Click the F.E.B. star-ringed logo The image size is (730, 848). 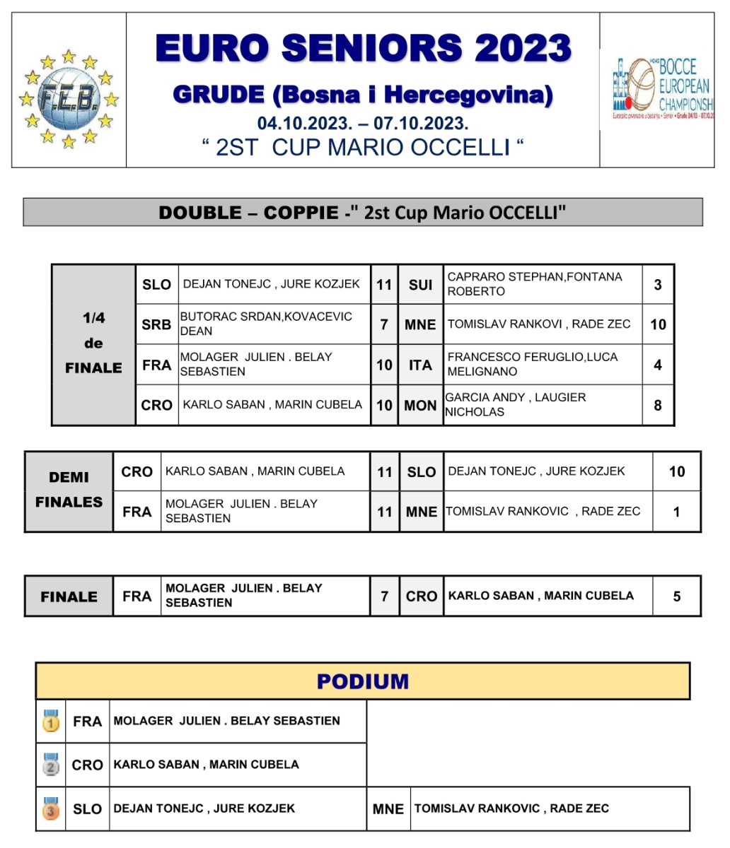coord(69,98)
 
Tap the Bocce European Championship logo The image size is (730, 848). coord(663,89)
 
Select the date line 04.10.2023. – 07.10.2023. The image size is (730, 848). coord(363,124)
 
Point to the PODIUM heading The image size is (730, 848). coord(363,681)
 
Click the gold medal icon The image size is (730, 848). coord(51,721)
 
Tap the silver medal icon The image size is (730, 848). coord(51,765)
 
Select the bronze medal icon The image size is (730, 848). coord(51,808)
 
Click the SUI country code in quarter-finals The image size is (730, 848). coord(420,285)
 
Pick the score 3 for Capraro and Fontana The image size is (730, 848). coord(658,285)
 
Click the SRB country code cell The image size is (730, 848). coord(156,324)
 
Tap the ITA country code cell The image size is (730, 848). coord(420,365)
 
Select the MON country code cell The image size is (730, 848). coord(420,406)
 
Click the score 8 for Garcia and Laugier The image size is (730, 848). coord(658,406)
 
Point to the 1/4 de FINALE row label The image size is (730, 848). coord(93,343)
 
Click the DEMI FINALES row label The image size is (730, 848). coord(69,490)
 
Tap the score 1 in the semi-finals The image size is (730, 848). coord(676,512)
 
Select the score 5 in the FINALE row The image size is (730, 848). coord(676,596)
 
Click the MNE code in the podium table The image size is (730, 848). coord(388,809)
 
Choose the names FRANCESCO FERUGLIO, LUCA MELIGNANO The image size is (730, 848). coord(532,365)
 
